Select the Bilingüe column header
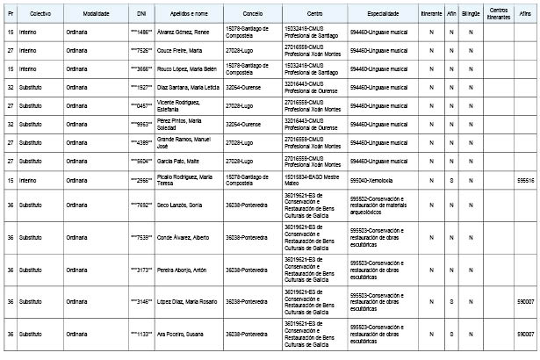[471, 16]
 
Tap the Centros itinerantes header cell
[499, 16]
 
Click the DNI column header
[141, 16]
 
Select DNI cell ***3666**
[141, 68]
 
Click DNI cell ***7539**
[141, 237]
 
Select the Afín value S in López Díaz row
[450, 302]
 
